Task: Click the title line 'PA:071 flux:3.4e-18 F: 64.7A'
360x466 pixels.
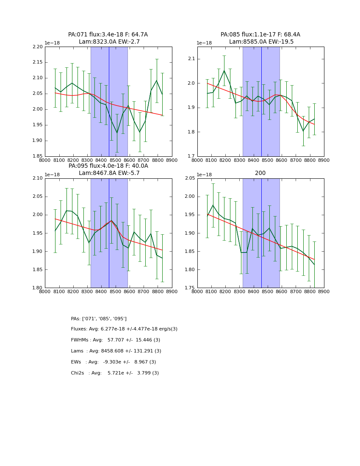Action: click(x=108, y=35)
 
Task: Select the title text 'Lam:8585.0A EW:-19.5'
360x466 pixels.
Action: click(x=260, y=42)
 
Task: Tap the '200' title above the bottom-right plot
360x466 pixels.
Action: click(x=260, y=173)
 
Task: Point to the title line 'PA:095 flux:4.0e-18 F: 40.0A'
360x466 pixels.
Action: click(x=108, y=166)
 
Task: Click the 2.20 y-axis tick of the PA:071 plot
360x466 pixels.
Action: click(x=38, y=47)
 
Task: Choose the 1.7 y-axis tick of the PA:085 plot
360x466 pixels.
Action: click(x=191, y=156)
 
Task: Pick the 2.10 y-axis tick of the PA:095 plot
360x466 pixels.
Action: click(x=38, y=178)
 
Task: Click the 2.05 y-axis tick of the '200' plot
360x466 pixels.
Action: click(x=190, y=178)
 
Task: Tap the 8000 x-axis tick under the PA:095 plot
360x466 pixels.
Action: click(x=45, y=292)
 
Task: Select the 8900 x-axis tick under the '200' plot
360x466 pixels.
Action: click(x=324, y=292)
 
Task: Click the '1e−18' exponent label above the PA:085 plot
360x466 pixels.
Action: click(x=204, y=43)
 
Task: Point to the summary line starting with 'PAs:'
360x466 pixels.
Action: click(x=99, y=319)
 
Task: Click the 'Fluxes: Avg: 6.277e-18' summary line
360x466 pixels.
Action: click(x=124, y=329)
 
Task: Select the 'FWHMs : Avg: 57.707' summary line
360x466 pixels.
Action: click(x=116, y=340)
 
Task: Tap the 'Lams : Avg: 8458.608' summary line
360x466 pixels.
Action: click(x=116, y=351)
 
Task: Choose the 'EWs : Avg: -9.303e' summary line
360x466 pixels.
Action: click(x=114, y=362)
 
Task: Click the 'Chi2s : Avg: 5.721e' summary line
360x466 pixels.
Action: click(x=115, y=373)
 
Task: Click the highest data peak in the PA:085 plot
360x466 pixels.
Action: click(x=224, y=71)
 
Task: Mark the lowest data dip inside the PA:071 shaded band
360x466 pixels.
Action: click(x=117, y=133)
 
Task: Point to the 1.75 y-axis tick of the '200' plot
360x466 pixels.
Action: click(x=190, y=288)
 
